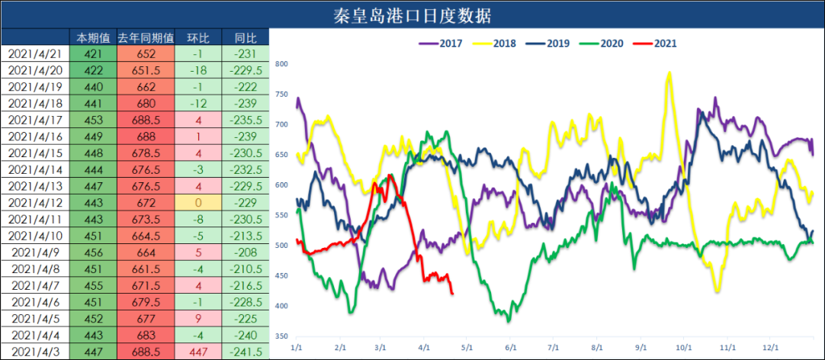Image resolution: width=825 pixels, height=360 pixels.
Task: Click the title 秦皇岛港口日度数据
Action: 412,14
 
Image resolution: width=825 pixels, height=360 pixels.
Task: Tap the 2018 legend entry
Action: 497,43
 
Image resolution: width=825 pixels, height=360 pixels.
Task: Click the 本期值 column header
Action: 93,37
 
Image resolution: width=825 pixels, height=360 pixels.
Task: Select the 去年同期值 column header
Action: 146,37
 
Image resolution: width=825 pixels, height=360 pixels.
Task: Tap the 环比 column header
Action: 197,37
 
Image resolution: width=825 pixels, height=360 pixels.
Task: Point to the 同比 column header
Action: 245,37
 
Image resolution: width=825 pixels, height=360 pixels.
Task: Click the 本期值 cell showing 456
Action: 93,252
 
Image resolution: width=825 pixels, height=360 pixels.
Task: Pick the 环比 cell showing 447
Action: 197,352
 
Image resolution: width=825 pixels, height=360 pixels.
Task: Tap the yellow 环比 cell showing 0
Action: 197,203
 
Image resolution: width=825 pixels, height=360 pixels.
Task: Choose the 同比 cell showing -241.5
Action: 245,352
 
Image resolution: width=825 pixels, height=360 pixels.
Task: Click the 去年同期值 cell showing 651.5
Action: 146,70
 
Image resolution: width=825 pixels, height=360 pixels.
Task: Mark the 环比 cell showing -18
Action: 197,70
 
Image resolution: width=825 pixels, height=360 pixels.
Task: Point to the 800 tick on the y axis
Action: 282,64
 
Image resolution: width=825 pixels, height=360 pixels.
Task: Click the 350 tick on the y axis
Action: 282,336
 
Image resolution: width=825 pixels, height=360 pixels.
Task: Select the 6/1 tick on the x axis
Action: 511,347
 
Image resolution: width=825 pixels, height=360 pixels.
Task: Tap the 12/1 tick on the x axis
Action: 772,347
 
